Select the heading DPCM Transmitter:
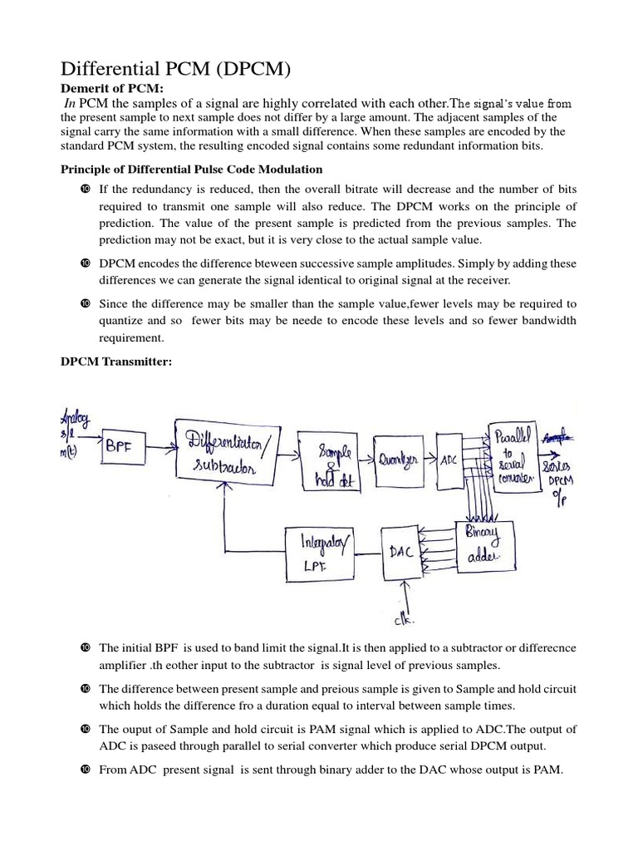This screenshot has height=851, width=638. (117, 359)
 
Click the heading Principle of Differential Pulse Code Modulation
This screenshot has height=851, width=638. (193, 170)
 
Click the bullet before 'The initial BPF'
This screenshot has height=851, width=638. (86, 647)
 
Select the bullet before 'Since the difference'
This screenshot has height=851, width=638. (86, 303)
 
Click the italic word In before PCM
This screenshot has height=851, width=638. (74, 103)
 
